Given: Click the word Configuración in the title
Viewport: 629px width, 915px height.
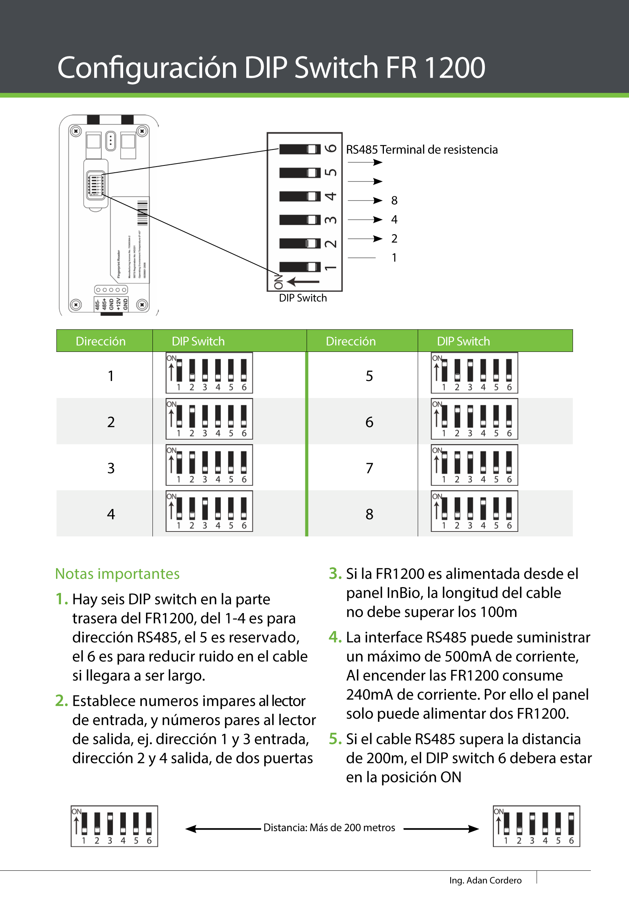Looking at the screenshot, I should tap(147, 68).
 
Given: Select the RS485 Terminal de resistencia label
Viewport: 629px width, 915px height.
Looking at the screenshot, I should tap(421, 150).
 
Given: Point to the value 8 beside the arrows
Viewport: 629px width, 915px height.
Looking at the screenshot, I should tap(394, 201).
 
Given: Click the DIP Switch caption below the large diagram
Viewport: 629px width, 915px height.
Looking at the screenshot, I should tap(303, 298).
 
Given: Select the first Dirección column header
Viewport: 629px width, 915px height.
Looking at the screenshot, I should tap(101, 341).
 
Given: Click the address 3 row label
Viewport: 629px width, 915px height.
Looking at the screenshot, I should tap(111, 468).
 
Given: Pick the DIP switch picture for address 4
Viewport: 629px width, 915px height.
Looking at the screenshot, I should tap(209, 511).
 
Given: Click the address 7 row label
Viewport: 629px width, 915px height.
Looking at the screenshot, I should tap(369, 468).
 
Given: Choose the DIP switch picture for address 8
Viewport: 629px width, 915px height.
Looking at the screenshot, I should tap(474, 511).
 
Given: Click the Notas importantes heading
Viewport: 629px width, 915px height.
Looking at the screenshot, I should tap(117, 574).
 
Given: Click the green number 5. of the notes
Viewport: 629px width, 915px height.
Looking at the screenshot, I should tap(335, 739).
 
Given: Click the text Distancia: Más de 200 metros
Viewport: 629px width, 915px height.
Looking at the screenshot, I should tap(329, 828).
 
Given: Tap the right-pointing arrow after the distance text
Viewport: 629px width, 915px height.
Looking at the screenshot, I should tap(441, 829).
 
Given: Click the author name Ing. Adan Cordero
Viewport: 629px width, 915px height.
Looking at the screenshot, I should tap(485, 880).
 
